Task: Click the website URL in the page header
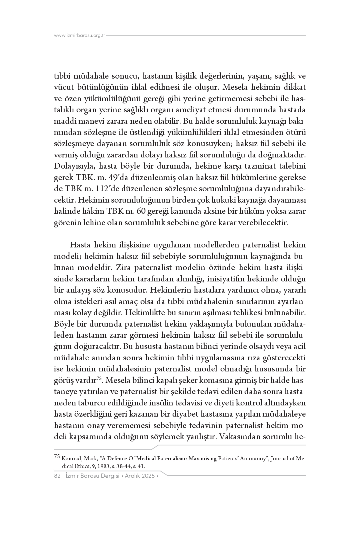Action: [x=80, y=36]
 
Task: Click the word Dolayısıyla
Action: [x=74, y=166]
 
